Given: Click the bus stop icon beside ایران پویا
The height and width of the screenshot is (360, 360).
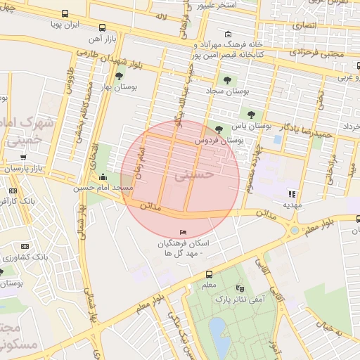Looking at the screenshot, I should [x=65, y=13].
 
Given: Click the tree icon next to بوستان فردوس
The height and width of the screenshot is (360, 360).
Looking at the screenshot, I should [x=219, y=129].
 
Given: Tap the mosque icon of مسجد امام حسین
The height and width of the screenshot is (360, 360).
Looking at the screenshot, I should [x=105, y=177].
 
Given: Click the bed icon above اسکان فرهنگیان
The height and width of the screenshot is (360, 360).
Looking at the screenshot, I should [x=184, y=233].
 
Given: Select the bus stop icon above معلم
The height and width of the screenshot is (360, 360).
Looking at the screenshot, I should [x=209, y=275].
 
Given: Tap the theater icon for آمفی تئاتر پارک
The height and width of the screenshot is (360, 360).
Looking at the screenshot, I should [x=240, y=288].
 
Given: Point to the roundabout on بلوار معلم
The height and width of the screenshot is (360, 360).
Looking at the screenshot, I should [x=295, y=230].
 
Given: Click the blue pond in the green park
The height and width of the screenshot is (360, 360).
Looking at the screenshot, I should [x=221, y=337].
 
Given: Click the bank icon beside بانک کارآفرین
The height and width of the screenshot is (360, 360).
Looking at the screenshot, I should [x=12, y=191].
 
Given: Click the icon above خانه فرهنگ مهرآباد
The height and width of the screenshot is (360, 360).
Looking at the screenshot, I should [x=227, y=34].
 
